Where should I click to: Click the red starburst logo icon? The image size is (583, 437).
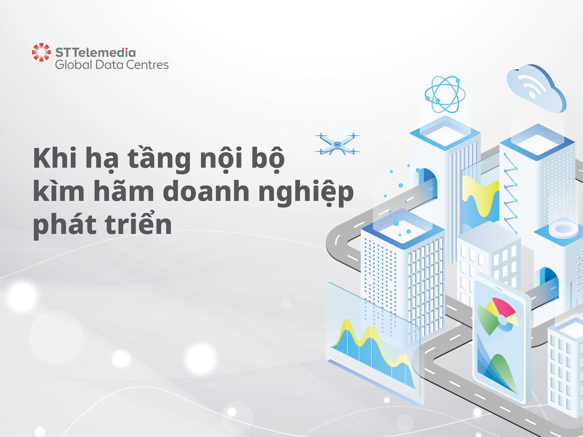point(41,52)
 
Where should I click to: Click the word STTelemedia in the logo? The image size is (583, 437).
point(95,53)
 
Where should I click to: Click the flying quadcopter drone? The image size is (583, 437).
point(337,144)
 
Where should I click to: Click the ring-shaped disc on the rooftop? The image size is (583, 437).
point(563,229)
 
